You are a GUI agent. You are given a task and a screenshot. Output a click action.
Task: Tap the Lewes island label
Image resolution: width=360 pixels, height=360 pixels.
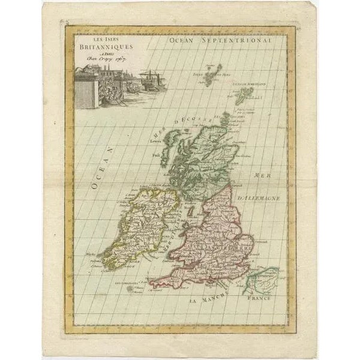157,141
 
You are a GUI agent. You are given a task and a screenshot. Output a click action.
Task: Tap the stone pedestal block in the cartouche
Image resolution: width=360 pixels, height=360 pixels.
86,93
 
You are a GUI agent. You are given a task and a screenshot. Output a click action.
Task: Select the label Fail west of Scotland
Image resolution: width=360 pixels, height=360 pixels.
156,155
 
